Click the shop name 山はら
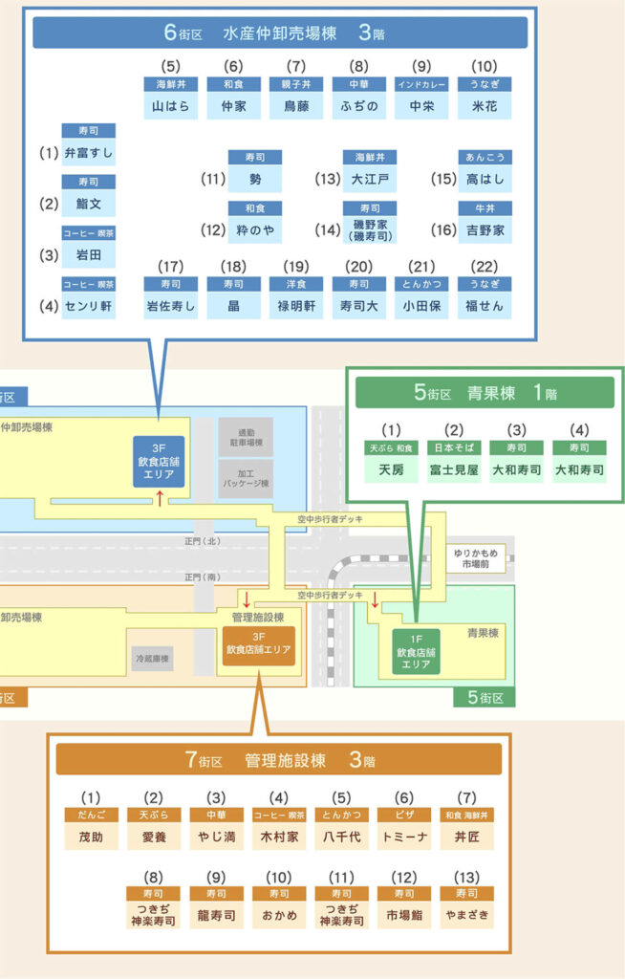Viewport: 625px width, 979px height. click(171, 106)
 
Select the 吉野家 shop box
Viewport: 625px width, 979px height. click(485, 229)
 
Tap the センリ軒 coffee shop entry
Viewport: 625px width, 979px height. click(89, 306)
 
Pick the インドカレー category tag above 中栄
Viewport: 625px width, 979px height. click(421, 84)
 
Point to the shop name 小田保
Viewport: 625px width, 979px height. click(421, 306)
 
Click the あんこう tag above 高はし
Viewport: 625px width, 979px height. click(485, 157)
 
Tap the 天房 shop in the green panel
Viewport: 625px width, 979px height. click(391, 470)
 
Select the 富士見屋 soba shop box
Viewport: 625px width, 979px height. click(454, 470)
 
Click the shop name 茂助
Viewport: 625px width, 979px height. click(91, 836)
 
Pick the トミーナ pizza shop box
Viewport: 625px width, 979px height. click(404, 836)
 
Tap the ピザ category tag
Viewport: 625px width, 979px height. click(404, 814)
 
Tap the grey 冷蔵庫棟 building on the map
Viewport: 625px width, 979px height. click(152, 659)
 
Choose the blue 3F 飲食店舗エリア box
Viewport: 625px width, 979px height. click(159, 461)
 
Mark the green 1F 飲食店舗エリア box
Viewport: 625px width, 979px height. click(416, 652)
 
